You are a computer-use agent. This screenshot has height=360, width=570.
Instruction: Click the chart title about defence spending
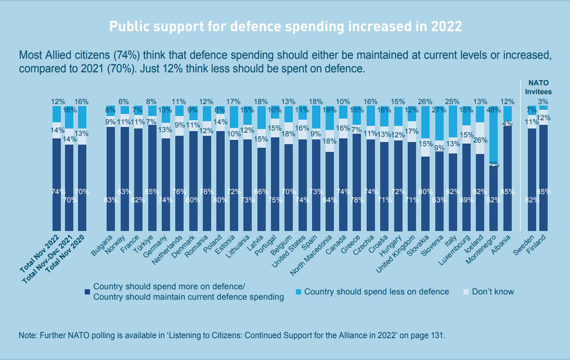tap(285, 27)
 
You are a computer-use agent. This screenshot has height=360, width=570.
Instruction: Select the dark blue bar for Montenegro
tap(494, 198)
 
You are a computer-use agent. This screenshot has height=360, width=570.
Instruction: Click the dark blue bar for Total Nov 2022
tap(56, 185)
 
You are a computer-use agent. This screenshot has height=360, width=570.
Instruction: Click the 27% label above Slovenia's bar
tap(439, 110)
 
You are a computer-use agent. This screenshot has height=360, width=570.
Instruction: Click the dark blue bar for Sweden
tap(532, 179)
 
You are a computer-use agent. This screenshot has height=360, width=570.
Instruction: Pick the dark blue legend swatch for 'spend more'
tap(87, 291)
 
